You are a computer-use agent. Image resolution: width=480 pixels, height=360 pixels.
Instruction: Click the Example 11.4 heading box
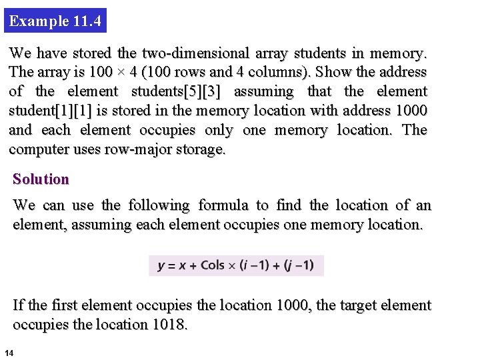click(x=56, y=21)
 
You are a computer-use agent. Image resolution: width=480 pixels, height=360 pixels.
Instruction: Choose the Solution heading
click(x=41, y=179)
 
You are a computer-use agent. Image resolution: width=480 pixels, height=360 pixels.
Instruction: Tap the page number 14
click(x=9, y=352)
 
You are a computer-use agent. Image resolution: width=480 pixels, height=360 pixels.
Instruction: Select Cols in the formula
click(x=212, y=265)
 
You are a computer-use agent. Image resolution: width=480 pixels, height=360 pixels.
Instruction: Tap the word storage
click(x=199, y=149)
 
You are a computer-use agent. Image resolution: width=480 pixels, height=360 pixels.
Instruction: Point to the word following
click(x=159, y=205)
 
